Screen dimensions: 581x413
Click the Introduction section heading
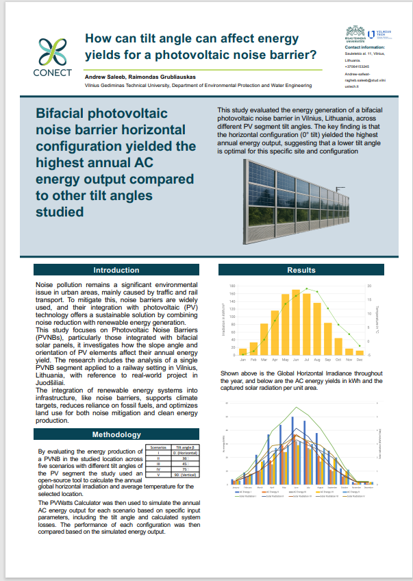pyautogui.click(x=116, y=271)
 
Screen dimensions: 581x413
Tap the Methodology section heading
pyautogui.click(x=116, y=434)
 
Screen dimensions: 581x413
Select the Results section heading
pyautogui.click(x=301, y=271)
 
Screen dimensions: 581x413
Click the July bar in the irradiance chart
pyautogui.click(x=307, y=324)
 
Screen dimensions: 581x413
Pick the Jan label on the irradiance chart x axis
pyautogui.click(x=242, y=359)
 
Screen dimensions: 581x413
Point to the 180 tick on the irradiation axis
pyautogui.click(x=232, y=286)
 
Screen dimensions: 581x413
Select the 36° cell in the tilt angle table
pyautogui.click(x=184, y=458)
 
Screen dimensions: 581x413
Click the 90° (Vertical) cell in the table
pyautogui.click(x=184, y=474)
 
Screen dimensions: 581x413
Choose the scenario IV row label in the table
pyautogui.click(x=158, y=469)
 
